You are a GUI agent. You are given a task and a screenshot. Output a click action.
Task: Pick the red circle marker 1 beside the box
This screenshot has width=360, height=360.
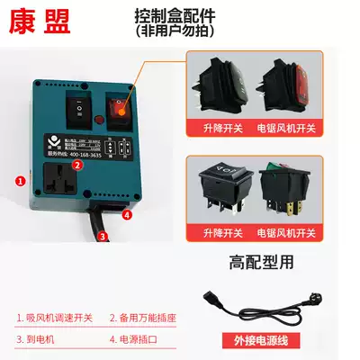(19, 181)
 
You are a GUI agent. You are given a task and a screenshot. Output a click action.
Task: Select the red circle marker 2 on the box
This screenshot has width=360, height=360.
(78, 165)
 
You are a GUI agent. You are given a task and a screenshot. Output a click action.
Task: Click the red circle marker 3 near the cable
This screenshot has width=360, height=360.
(103, 238)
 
